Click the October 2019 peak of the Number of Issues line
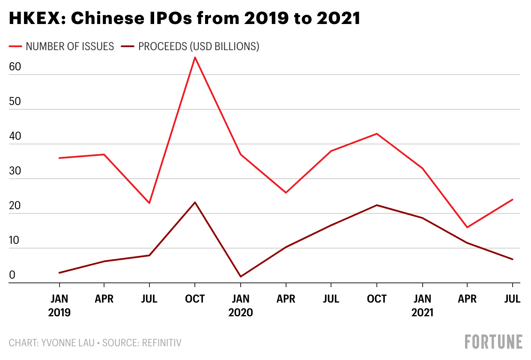195,57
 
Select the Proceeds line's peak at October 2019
195,202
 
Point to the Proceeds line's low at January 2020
241,276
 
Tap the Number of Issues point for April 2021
467,227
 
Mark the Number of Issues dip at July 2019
149,203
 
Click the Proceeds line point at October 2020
377,205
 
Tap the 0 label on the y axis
12,275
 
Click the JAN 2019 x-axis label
59,305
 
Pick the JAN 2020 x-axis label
241,305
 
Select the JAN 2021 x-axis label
422,305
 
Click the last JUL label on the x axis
512,299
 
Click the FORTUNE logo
493,342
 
